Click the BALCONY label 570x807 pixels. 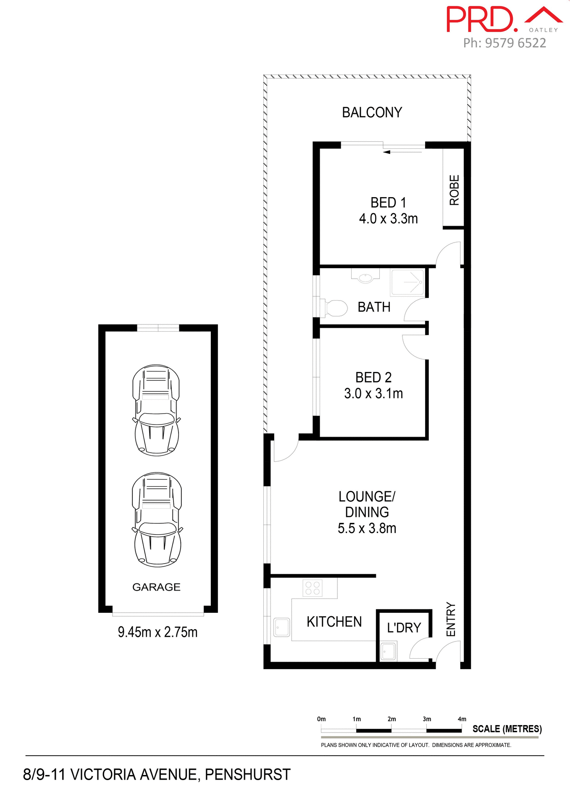tap(372, 112)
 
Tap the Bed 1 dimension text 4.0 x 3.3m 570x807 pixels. tap(388, 219)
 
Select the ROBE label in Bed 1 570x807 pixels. tap(454, 190)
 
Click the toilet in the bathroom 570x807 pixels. tap(336, 308)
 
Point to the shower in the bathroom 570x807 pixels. tap(407, 282)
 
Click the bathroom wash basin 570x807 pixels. tap(365, 277)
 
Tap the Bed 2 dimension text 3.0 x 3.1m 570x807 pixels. tap(373, 394)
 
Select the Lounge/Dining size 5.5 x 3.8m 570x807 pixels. tap(367, 528)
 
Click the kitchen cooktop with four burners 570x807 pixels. tap(313, 588)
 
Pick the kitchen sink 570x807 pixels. tap(282, 627)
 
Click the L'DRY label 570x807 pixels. tap(404, 628)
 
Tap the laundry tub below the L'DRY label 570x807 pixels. tap(388, 651)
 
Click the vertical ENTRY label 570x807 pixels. tap(451, 619)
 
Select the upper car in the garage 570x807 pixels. tap(156, 410)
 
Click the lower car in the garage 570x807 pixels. tap(157, 519)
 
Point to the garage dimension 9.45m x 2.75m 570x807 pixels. tap(158, 632)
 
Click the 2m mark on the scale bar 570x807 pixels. tap(391, 719)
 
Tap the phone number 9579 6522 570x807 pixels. tap(515, 43)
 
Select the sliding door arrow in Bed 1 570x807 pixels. tap(387, 152)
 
